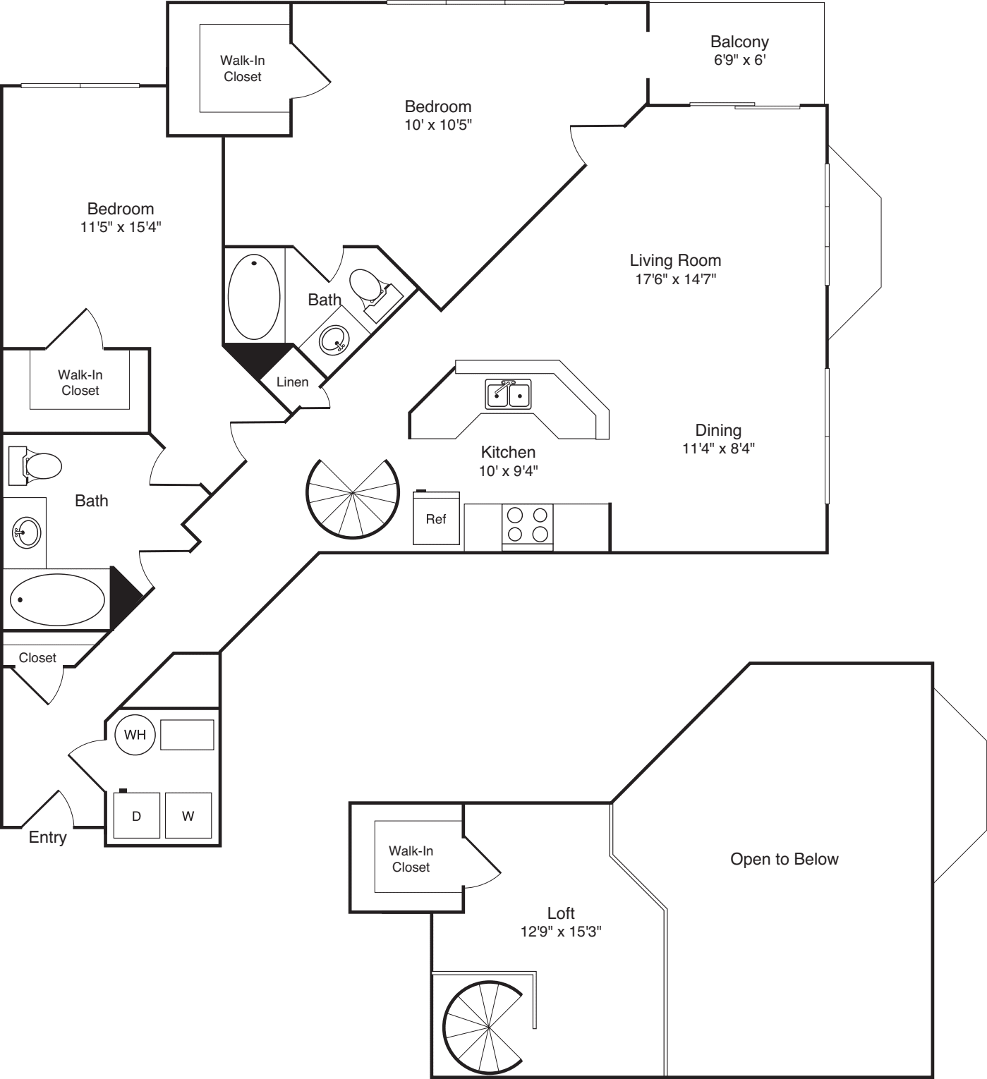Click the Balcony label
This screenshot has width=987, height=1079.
tap(739, 42)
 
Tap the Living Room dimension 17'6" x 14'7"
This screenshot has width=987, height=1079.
tap(675, 279)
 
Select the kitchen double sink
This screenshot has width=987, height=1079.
tap(508, 394)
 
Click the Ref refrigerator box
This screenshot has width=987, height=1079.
tap(436, 519)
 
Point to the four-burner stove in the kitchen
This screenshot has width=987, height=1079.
tap(527, 525)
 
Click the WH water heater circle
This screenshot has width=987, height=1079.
tap(135, 735)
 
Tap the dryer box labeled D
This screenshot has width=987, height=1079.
tap(137, 816)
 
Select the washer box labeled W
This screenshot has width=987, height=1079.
tap(188, 816)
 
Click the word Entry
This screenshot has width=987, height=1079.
tap(47, 837)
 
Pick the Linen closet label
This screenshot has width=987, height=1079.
tap(292, 382)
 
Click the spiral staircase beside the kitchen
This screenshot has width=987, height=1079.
tap(352, 497)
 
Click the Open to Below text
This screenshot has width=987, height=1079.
tap(784, 859)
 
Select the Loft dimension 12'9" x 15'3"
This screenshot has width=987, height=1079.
tap(560, 932)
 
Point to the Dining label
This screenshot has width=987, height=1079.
tap(717, 430)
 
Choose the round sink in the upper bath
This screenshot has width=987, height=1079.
tap(333, 341)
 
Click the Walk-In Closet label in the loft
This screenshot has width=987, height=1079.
tap(411, 859)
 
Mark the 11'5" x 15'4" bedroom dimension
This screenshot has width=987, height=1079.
tap(121, 227)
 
